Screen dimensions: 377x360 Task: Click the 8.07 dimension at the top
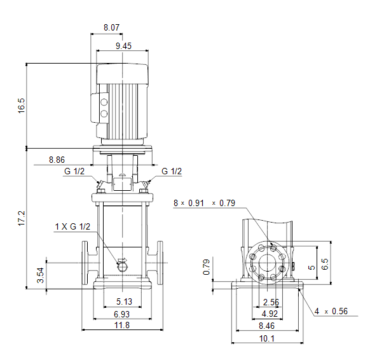click(111, 27)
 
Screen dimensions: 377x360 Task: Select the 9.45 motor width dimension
click(123, 46)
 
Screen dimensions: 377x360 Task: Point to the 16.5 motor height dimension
click(22, 106)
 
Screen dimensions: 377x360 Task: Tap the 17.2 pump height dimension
click(22, 218)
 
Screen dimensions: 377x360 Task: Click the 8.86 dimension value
click(57, 160)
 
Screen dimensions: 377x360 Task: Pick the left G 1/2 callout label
click(74, 171)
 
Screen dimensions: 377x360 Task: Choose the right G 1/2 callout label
click(172, 171)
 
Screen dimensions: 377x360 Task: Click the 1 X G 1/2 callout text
click(72, 226)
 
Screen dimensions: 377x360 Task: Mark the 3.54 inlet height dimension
click(41, 275)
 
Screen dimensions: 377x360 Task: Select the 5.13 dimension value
click(125, 301)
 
